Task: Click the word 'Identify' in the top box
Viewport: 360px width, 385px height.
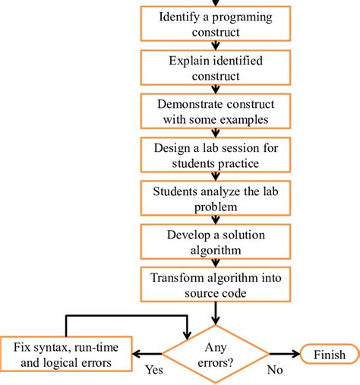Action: pos(181,17)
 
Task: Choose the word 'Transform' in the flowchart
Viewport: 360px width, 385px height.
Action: pos(175,278)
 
